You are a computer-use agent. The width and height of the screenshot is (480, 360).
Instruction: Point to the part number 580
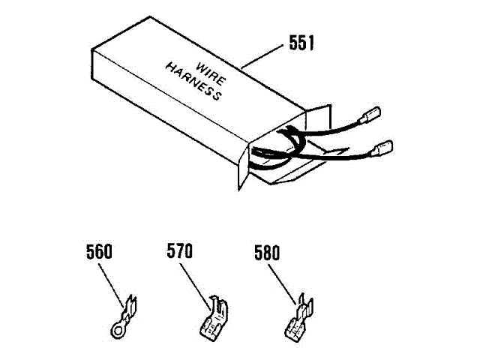coord(266,253)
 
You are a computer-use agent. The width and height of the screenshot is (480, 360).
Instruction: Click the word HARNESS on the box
coord(193,82)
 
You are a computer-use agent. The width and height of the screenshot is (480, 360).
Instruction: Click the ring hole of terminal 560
coord(116,327)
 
